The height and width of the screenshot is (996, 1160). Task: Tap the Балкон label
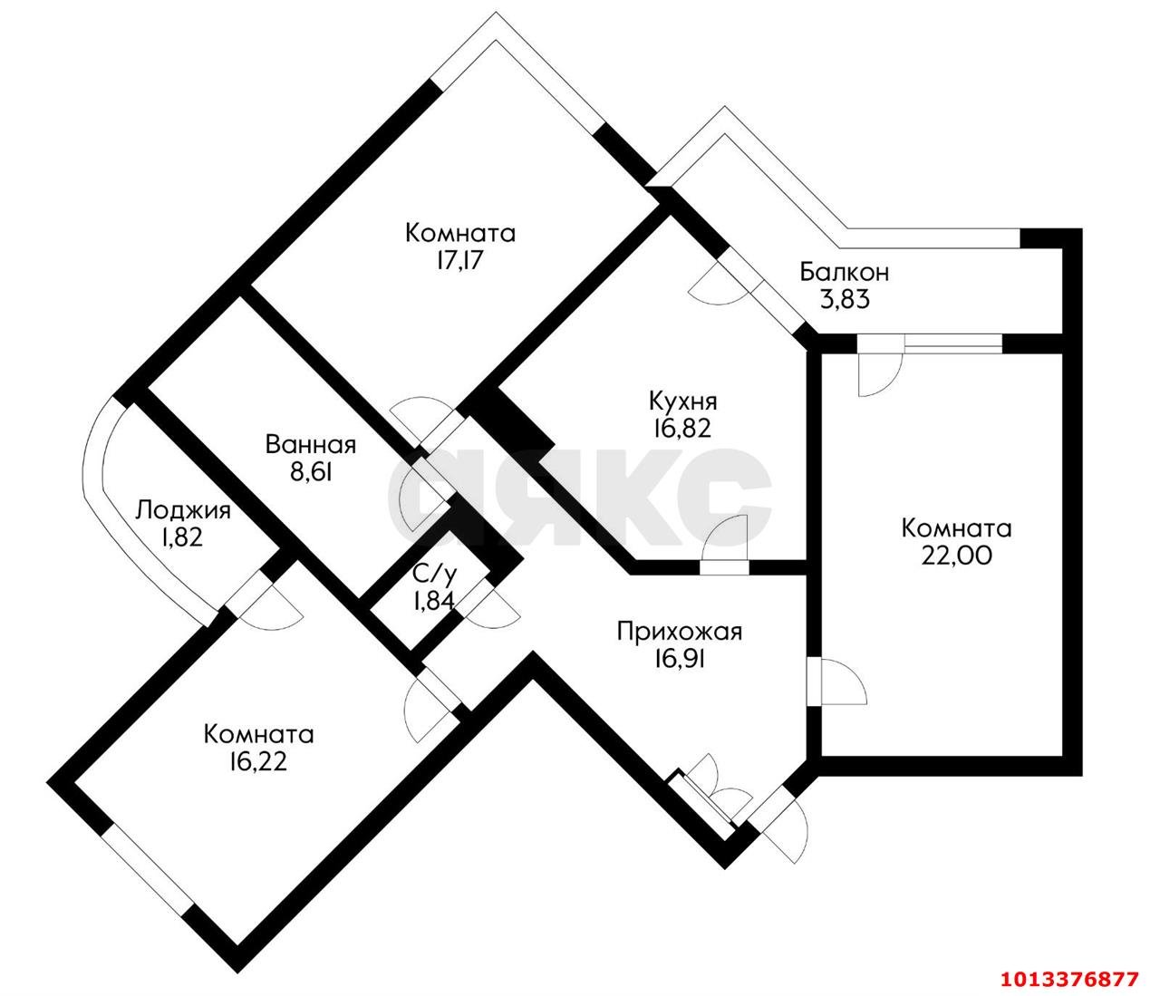coord(843,272)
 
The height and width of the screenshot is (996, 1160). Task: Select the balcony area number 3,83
coord(844,299)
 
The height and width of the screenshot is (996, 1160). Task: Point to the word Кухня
coord(682,401)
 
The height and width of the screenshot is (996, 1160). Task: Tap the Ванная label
coord(310,445)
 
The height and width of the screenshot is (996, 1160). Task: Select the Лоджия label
coord(182,510)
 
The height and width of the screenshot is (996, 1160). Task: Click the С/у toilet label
coord(433,573)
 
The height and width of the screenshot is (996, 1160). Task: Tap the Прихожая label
coord(679,632)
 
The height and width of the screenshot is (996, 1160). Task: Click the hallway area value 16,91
coord(679,659)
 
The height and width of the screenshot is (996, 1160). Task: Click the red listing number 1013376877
coord(1068,979)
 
